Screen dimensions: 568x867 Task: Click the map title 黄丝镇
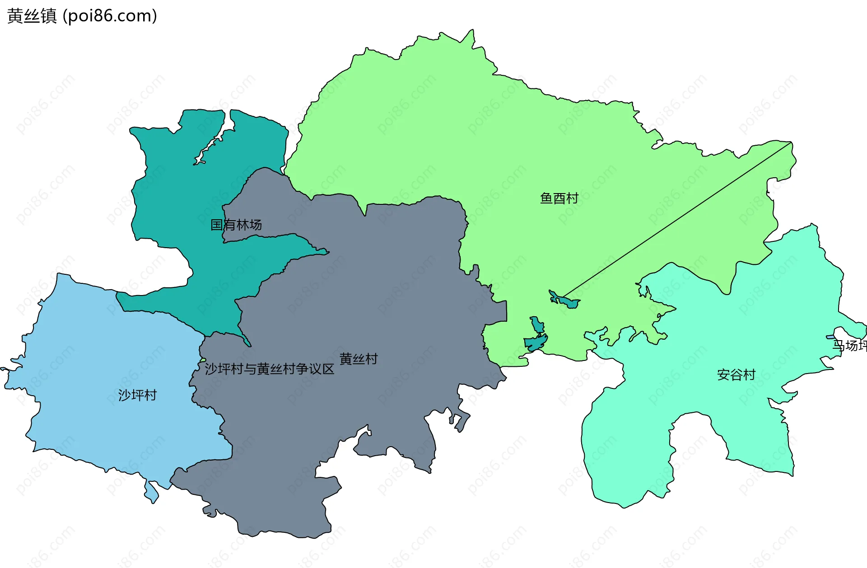pos(32,16)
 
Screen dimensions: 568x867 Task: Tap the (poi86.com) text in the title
pos(110,16)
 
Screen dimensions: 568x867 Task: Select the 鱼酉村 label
pos(559,198)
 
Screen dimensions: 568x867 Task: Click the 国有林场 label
pos(236,225)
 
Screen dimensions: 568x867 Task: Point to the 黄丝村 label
pos(359,359)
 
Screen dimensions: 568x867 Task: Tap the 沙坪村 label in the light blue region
pos(137,395)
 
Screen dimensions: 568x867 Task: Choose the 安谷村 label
pos(736,374)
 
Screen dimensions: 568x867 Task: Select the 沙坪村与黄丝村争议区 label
pos(270,369)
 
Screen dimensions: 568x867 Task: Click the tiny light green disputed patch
pos(203,360)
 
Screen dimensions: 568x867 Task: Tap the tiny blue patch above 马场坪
pos(830,337)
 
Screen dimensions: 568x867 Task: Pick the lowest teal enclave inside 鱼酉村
pos(536,343)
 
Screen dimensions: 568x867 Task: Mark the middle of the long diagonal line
pos(676,220)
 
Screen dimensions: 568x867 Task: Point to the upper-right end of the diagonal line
pos(791,143)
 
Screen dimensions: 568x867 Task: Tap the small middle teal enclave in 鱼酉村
pos(537,324)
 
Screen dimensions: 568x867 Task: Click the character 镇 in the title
pos(49,16)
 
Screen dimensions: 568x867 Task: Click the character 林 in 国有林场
pos(242,225)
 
